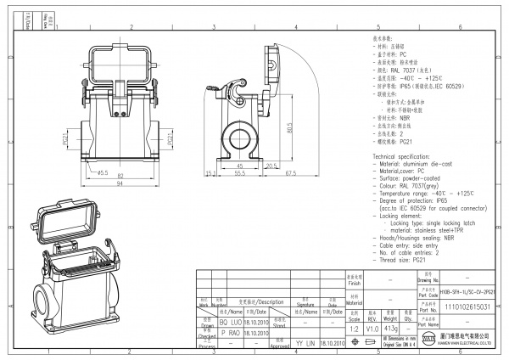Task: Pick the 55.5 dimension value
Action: click(239, 174)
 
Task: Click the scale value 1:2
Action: click(355, 328)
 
